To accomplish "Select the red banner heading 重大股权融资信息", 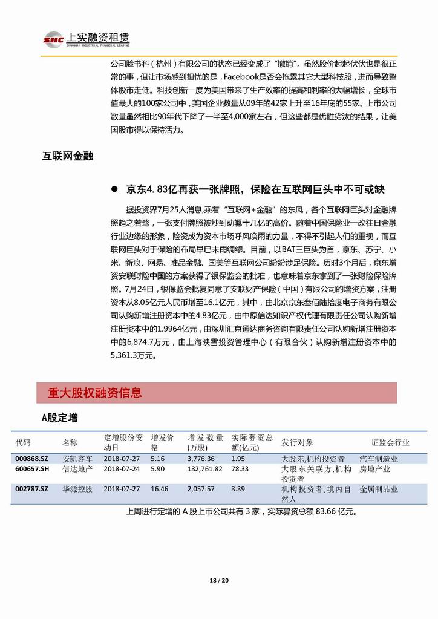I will click(x=95, y=393).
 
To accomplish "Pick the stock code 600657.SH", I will click(x=33, y=468).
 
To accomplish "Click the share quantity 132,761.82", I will click(x=206, y=468).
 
